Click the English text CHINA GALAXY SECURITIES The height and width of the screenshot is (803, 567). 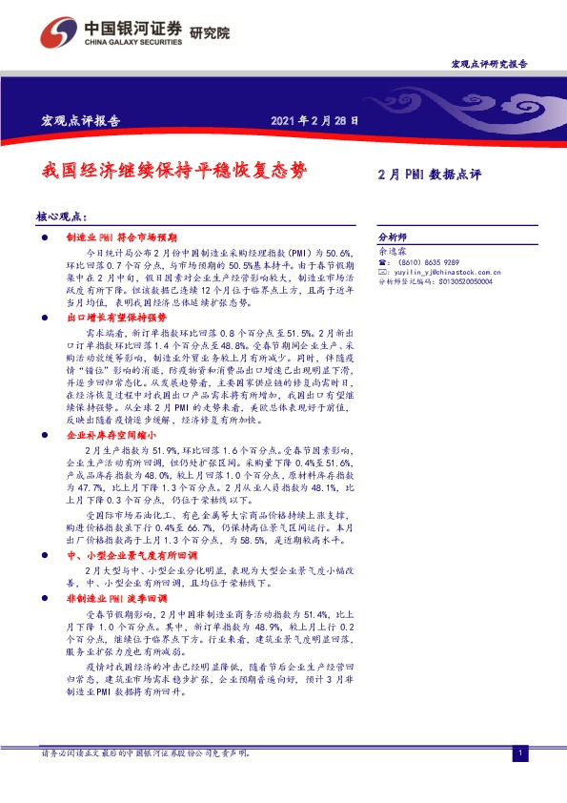point(130,42)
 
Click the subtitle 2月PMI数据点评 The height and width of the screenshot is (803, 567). point(430,175)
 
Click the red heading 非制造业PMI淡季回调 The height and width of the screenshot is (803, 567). point(113,596)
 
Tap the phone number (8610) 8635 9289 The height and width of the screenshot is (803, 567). point(428,261)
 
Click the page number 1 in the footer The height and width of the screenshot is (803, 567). point(520,754)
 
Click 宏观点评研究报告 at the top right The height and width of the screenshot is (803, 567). point(489,63)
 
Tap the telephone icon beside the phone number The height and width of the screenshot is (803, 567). point(382,261)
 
